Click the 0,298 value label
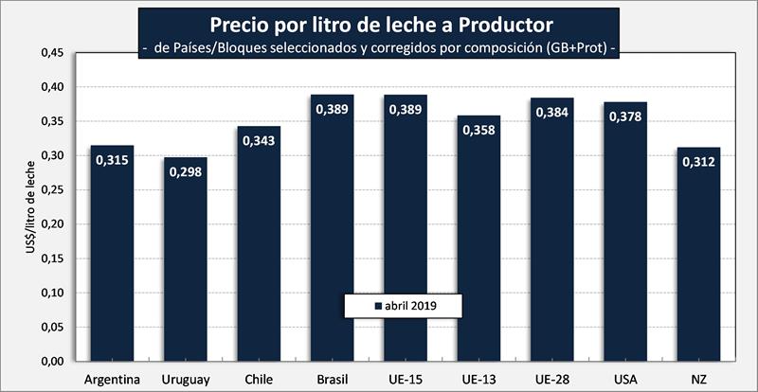[x=186, y=171]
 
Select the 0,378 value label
[x=626, y=116]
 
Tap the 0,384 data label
[x=552, y=112]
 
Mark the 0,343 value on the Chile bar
[x=260, y=140]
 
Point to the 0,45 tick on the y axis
[x=51, y=53]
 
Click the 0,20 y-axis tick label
[x=51, y=224]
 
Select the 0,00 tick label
[x=51, y=362]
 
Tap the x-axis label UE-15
[x=406, y=380]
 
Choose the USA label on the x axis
[x=626, y=380]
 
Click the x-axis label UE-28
[x=552, y=380]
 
